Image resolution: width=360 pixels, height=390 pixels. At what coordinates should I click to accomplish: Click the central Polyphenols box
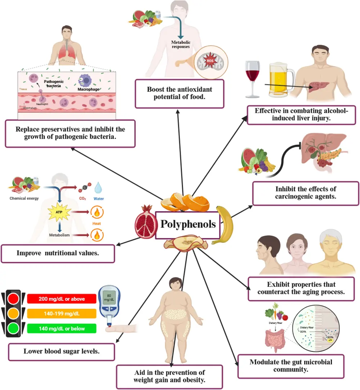click(x=188, y=225)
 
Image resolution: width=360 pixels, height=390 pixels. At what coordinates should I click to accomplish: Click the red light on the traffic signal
click(x=14, y=298)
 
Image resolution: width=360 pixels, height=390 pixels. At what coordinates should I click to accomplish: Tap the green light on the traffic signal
click(x=14, y=328)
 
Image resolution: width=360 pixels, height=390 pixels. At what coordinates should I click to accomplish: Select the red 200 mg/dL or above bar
click(x=62, y=299)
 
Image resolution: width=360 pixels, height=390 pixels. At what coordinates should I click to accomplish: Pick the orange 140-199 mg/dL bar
click(x=62, y=313)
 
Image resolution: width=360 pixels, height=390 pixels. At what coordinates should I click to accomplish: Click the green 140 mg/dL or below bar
click(x=62, y=328)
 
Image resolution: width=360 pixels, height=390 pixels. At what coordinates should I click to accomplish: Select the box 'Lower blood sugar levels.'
click(x=61, y=352)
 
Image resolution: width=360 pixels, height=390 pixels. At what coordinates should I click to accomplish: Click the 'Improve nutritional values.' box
click(x=58, y=253)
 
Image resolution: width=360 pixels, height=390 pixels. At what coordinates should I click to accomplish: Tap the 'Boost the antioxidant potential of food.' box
click(x=179, y=93)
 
